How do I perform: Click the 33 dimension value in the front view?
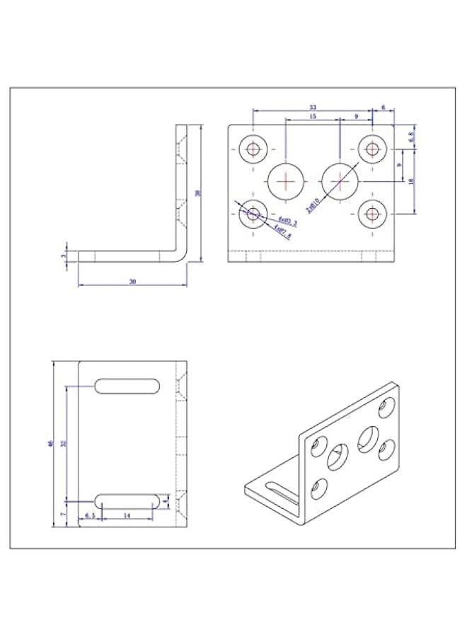[x=312, y=108]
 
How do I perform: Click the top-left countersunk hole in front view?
[x=253, y=149]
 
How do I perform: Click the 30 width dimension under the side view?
[x=132, y=282]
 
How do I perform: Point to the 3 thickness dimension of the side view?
[x=64, y=256]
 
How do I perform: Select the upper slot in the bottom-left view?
[x=128, y=386]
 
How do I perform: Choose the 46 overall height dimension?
[x=50, y=444]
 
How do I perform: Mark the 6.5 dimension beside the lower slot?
[x=90, y=517]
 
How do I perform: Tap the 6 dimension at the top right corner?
[x=383, y=108]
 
